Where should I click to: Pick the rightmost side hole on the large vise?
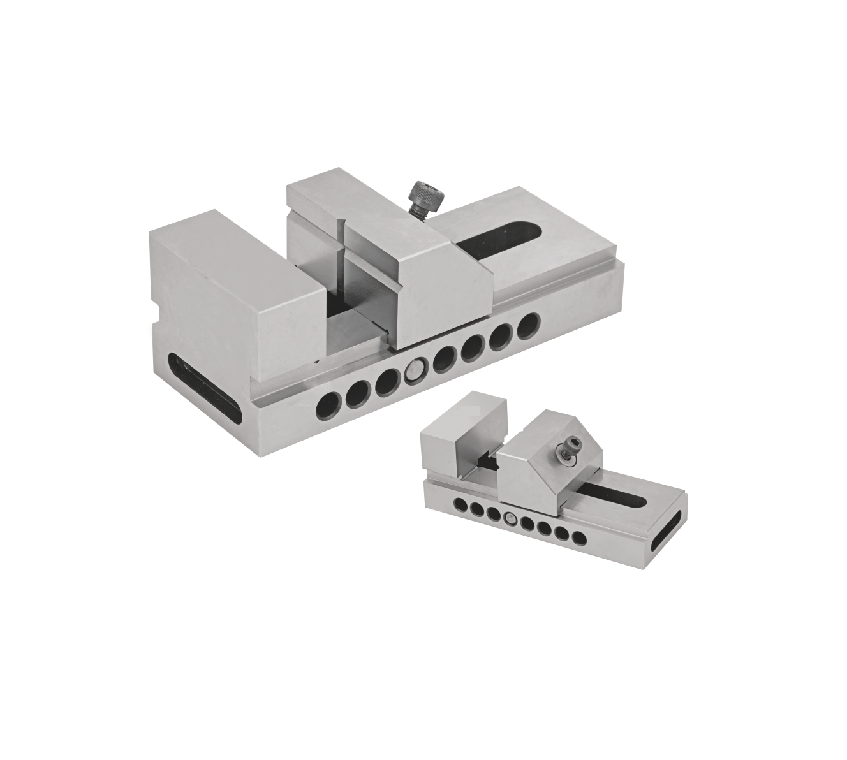click(x=527, y=326)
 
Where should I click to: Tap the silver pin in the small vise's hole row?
click(x=510, y=518)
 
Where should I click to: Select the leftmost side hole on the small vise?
click(x=460, y=506)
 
